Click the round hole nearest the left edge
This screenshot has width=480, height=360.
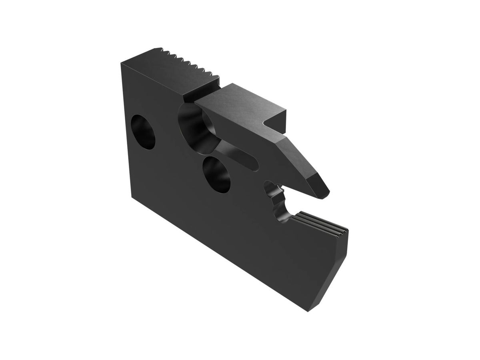pyautogui.click(x=143, y=132)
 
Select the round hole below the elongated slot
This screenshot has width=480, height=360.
pyautogui.click(x=217, y=174)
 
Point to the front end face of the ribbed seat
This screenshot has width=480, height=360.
pyautogui.click(x=345, y=236)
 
